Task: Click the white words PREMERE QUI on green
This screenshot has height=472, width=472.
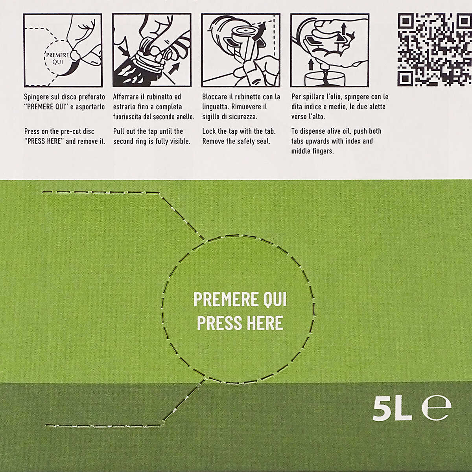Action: pos(240,300)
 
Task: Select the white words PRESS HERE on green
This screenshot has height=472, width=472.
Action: pos(240,323)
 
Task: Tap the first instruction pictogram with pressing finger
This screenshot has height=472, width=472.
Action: pos(63,50)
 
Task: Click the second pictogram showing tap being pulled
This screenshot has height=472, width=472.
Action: pos(152,50)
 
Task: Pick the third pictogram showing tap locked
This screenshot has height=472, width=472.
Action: pos(241,50)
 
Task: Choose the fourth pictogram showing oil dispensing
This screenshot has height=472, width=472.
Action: pos(330,50)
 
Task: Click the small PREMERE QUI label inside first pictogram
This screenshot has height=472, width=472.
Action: pos(57,58)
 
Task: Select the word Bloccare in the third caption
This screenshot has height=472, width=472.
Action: pos(215,97)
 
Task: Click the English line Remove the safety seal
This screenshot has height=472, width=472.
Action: pos(236,141)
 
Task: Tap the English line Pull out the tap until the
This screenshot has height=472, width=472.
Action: pos(148,131)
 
